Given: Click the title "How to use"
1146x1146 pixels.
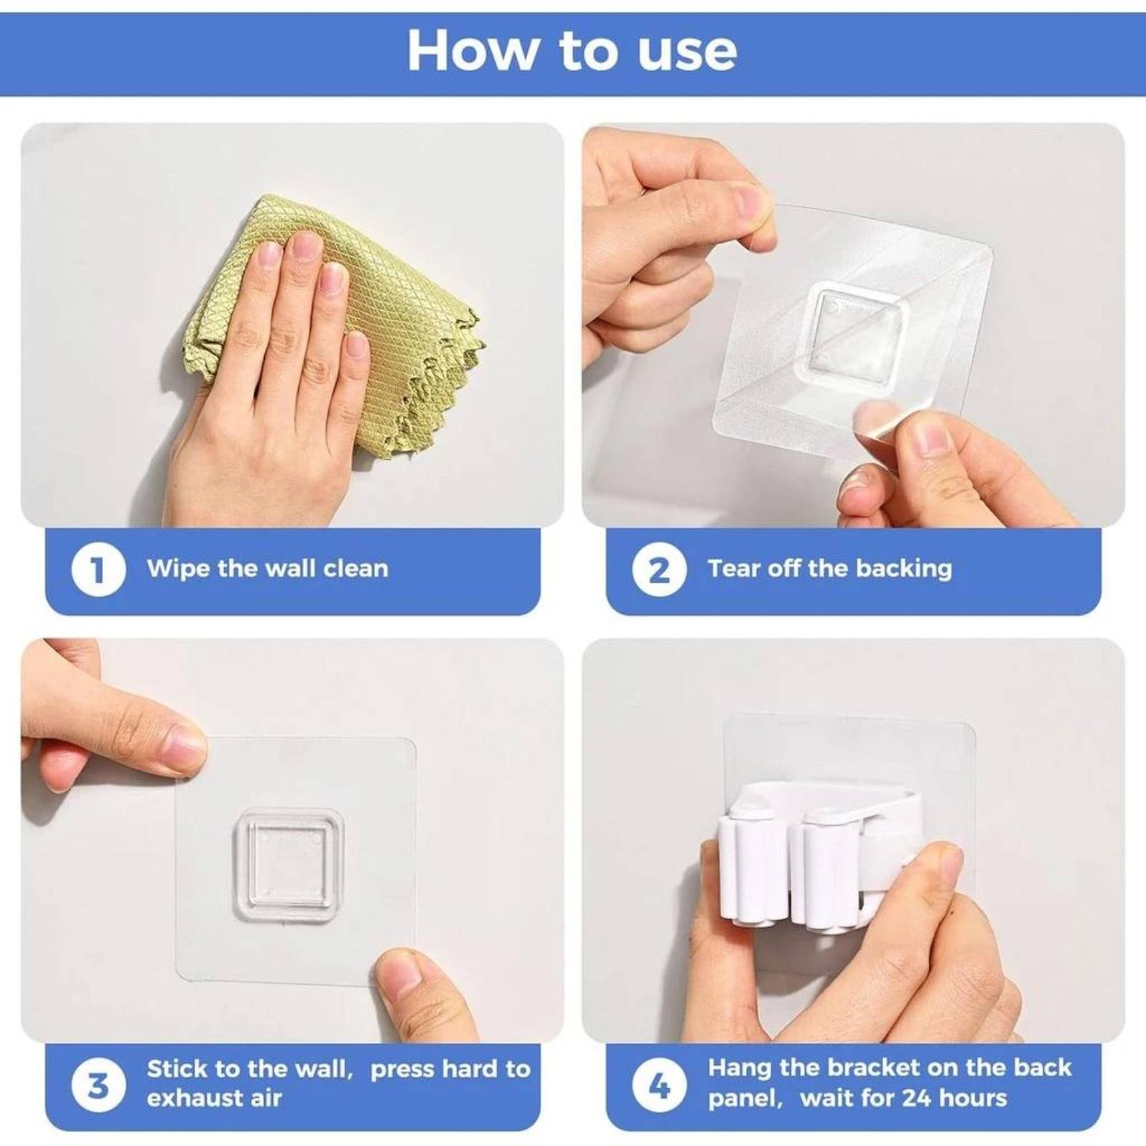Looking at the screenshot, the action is coord(572,50).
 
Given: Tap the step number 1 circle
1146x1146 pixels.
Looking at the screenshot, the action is coord(99,570).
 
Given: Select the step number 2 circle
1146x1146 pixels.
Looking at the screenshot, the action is coord(660,570).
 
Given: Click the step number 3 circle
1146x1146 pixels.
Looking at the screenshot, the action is coord(99,1086).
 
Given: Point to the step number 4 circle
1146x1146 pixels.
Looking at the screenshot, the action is coord(660,1086).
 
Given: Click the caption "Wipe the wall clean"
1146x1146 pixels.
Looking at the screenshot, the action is coord(268,569).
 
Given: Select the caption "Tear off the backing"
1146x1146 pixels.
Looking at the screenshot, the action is coord(830,569).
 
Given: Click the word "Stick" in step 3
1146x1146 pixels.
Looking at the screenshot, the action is coord(174,1069).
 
